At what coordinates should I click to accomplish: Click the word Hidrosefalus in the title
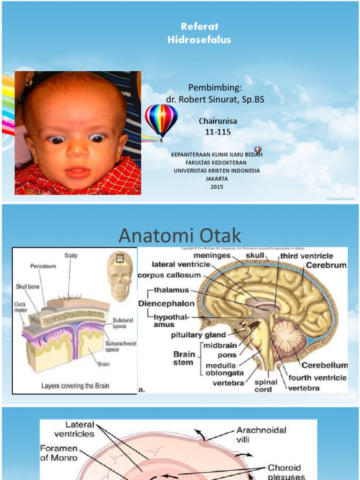coord(199,40)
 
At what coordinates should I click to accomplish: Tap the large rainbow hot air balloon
coord(161,120)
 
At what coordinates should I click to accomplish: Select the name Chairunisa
coord(218,121)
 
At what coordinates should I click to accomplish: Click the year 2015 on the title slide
coord(217,187)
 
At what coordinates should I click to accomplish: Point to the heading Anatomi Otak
coord(180,236)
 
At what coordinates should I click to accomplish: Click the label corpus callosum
coord(170,275)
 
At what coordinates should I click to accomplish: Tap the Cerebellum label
coord(324,365)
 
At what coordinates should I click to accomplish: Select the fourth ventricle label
coord(317,377)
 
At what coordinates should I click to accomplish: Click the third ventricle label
coord(307,256)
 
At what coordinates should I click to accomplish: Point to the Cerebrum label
coord(326,265)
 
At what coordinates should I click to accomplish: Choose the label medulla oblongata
coord(224,369)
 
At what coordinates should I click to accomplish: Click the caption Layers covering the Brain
coord(75,386)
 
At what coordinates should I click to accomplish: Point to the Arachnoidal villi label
coord(261,434)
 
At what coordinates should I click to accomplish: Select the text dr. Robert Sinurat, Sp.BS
coord(212,99)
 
